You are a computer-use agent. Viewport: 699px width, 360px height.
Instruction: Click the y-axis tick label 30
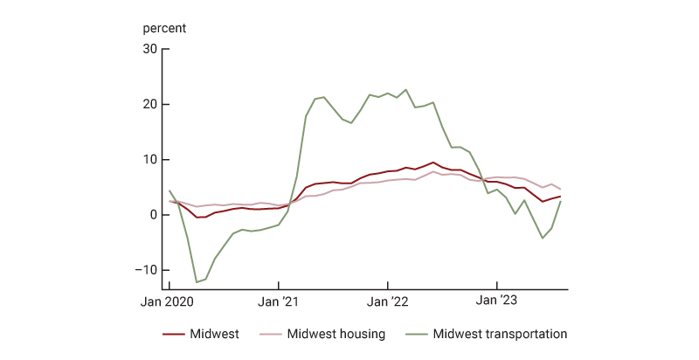pos(149,49)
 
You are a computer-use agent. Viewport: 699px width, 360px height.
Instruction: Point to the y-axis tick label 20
pos(149,104)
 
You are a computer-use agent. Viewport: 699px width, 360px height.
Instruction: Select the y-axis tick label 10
pos(149,160)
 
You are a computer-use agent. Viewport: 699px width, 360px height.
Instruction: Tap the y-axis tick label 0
pos(152,215)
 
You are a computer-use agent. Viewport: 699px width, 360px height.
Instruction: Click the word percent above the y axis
pos(165,27)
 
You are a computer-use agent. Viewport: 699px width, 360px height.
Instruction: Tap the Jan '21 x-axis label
pos(279,301)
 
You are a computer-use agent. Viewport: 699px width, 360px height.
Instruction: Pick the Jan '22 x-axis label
pos(388,301)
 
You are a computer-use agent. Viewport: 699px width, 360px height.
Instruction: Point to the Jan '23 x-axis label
pos(496,301)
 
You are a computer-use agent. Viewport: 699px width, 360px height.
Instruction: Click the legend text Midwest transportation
pos(501,335)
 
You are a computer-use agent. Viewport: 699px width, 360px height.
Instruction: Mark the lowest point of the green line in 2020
pos(197,282)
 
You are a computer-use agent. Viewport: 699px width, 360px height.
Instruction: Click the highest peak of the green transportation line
pos(406,89)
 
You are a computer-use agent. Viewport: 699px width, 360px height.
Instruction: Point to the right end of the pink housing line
pos(560,190)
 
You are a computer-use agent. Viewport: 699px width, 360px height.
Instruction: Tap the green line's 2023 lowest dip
pos(543,238)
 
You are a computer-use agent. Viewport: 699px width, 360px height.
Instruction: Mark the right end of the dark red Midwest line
pos(560,197)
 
